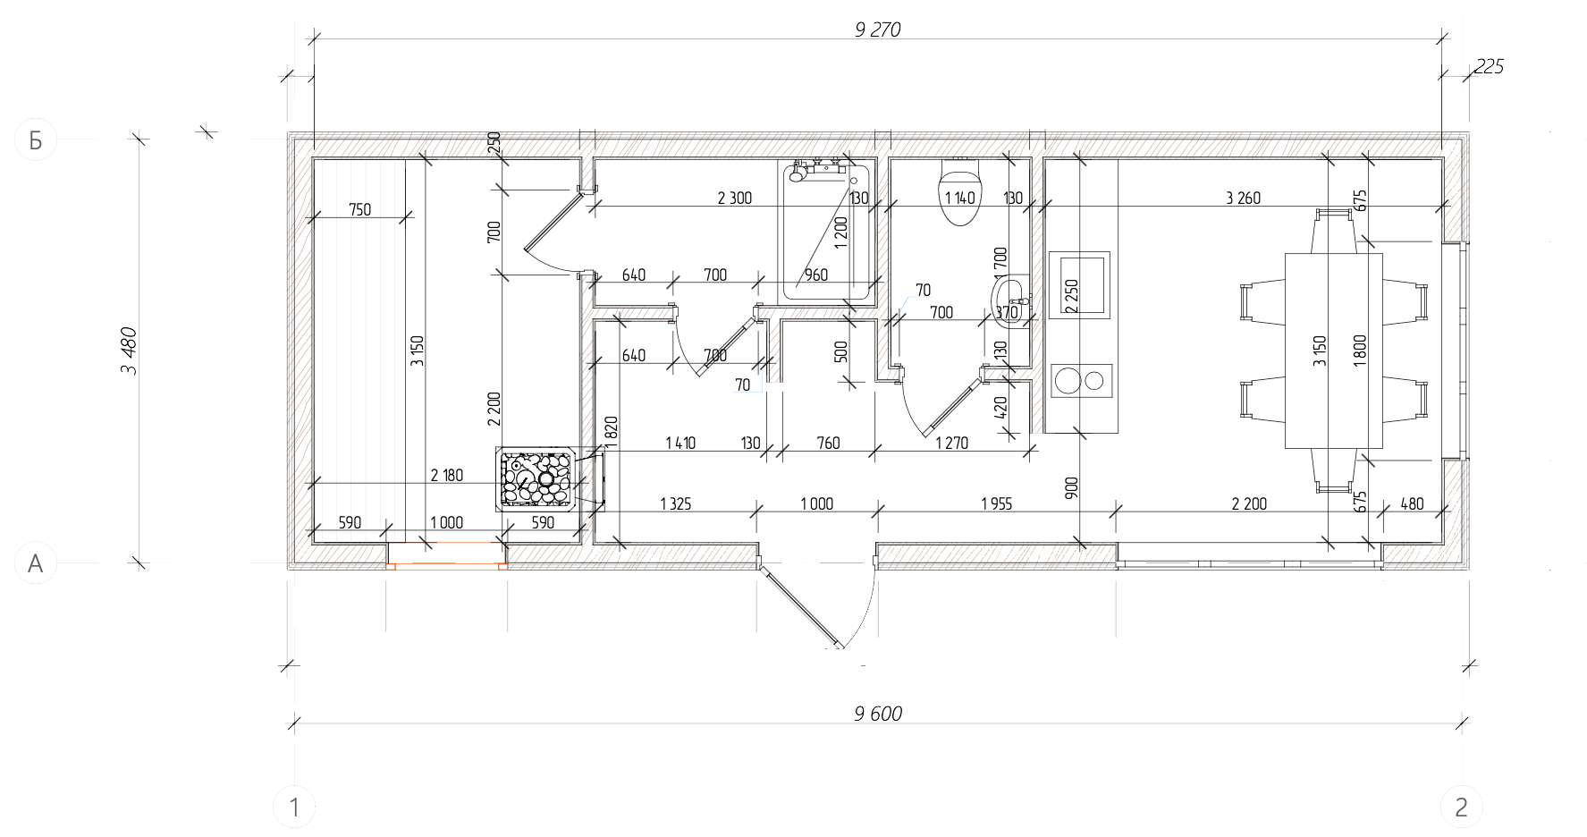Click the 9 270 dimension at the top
877,30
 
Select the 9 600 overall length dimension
878,714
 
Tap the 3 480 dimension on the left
129,351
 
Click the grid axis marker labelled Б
36,139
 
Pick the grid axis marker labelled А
36,563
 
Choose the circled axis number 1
294,808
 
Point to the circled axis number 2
1461,808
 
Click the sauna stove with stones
536,479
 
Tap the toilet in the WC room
959,191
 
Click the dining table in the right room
1333,351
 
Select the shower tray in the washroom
826,231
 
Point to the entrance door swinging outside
799,604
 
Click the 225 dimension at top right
1489,66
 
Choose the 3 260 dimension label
1243,199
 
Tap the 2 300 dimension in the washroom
734,199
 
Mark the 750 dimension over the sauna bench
359,210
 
